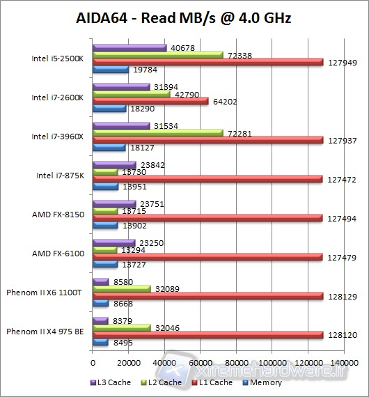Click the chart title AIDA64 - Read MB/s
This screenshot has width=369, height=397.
(184, 19)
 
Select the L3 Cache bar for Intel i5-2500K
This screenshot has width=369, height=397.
(129, 47)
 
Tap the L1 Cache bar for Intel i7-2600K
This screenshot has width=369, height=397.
(150, 101)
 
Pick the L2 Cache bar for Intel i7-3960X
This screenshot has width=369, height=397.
(157, 132)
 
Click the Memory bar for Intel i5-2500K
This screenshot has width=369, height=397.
(111, 69)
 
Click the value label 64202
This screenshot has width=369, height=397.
(224, 101)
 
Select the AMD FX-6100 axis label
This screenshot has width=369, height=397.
(58, 253)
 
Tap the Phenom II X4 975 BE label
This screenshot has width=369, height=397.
(45, 331)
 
